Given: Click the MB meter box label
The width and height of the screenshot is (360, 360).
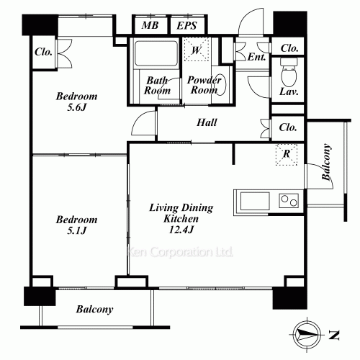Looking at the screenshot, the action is click(x=150, y=25).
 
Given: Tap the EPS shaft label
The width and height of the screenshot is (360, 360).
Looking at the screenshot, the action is click(x=186, y=25).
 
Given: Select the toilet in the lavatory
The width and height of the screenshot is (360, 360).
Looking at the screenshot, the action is click(x=289, y=72).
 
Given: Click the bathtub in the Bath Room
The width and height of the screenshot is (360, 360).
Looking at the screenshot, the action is click(x=156, y=54).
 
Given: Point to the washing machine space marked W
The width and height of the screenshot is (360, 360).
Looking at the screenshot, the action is click(x=197, y=50).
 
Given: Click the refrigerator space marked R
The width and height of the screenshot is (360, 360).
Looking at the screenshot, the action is click(x=287, y=155).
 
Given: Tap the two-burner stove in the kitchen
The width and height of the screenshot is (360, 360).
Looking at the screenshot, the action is click(x=289, y=201).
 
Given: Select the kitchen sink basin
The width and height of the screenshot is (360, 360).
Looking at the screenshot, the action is click(x=255, y=201).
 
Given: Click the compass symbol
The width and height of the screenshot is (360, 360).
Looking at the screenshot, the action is click(x=307, y=334).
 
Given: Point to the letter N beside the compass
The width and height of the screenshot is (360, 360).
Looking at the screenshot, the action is click(x=334, y=335).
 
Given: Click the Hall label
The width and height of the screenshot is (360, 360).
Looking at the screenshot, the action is click(x=207, y=122).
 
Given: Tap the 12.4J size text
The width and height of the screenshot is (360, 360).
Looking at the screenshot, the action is click(x=181, y=230).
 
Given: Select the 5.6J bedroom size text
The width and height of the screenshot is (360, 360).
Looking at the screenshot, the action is click(x=76, y=107).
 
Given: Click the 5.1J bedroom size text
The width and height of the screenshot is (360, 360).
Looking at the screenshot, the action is click(x=76, y=230).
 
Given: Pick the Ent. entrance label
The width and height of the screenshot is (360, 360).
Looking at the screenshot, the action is click(x=256, y=57).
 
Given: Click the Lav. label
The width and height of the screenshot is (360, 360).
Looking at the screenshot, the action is click(x=289, y=91).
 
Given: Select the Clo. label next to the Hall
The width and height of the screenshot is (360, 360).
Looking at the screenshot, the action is click(x=288, y=127).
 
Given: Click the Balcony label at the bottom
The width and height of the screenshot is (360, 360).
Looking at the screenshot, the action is click(x=94, y=310).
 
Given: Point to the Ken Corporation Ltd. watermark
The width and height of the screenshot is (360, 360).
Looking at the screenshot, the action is click(x=180, y=252).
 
